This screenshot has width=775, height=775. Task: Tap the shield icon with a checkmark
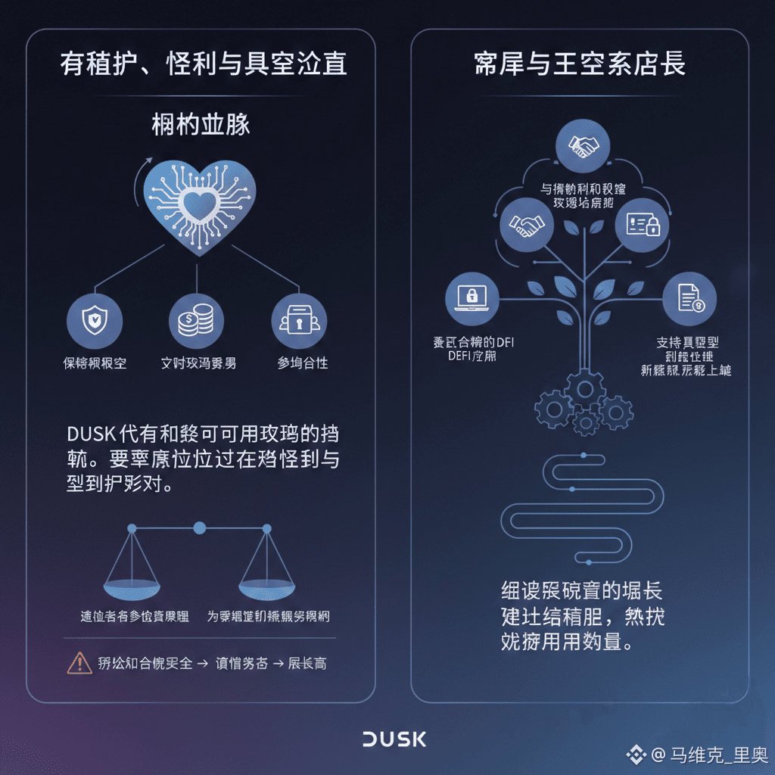pyautogui.click(x=95, y=321)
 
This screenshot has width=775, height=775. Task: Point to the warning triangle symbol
pyautogui.click(x=79, y=662)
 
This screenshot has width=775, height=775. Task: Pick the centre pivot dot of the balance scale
pyautogui.click(x=200, y=528)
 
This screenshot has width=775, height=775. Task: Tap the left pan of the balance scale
pyautogui.click(x=133, y=585)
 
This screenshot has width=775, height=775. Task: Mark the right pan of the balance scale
pyautogui.click(x=266, y=585)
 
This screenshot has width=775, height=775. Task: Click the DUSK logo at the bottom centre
pyautogui.click(x=394, y=739)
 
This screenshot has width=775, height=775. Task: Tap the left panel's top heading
pyautogui.click(x=203, y=64)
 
